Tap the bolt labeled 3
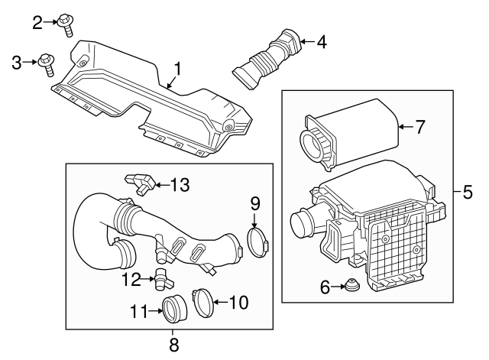coord(47,63)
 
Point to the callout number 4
coord(322,42)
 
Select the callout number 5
coord(468,192)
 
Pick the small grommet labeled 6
coord(353,288)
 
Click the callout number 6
coord(325,287)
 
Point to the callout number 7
coord(419,127)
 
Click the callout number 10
coord(238,303)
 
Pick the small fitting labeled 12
coord(161,277)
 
